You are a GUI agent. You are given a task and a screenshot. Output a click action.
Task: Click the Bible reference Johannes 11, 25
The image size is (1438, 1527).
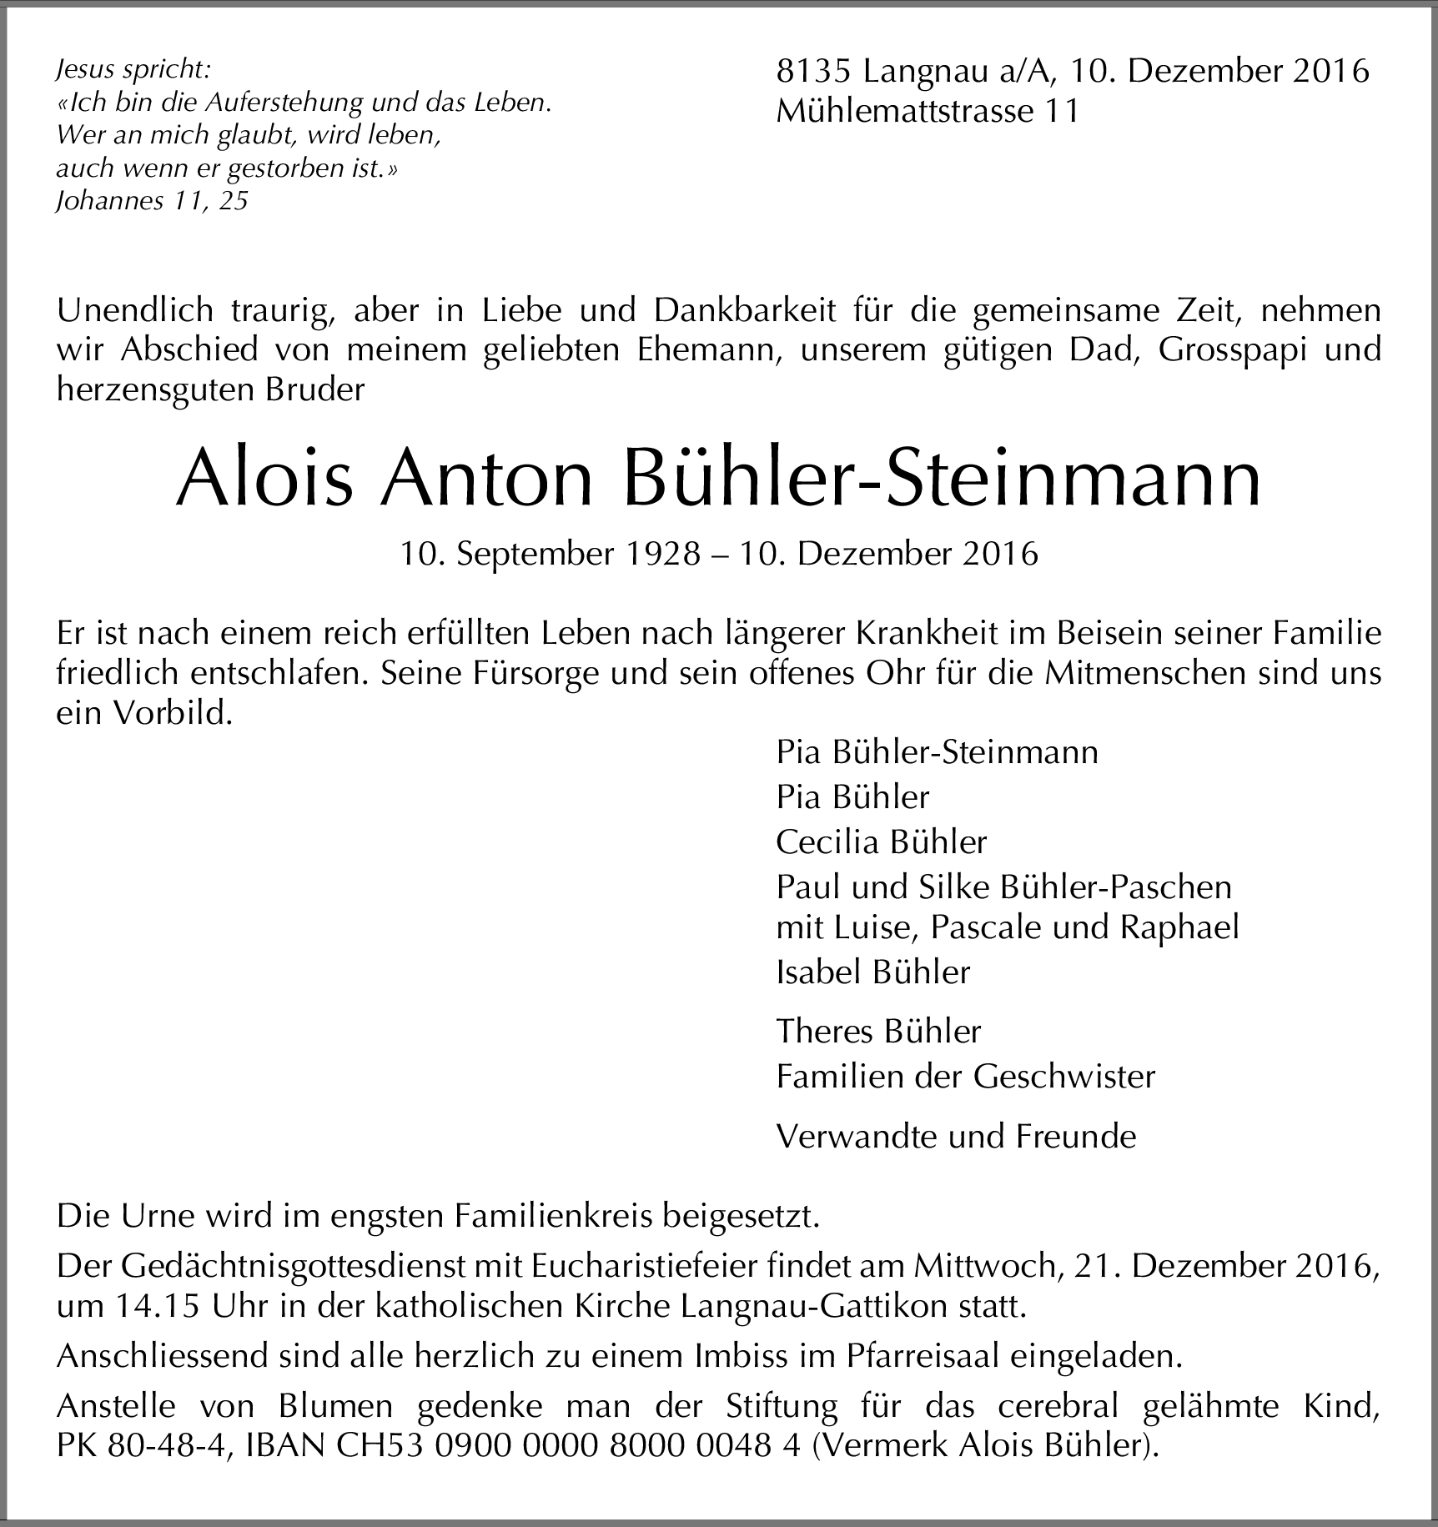coord(152,201)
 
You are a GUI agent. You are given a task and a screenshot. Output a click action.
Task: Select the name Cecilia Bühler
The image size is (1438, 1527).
coord(882,842)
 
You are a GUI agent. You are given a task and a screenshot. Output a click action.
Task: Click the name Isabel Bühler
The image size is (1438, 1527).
coord(873,972)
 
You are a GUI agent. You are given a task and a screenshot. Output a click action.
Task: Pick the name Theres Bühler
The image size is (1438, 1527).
coord(878,1032)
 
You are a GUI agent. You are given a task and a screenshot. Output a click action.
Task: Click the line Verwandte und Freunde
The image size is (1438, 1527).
coord(956,1137)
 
